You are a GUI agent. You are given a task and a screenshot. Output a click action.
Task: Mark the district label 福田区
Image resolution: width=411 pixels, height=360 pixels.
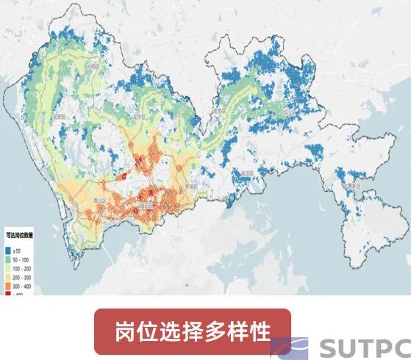coord(146,207)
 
